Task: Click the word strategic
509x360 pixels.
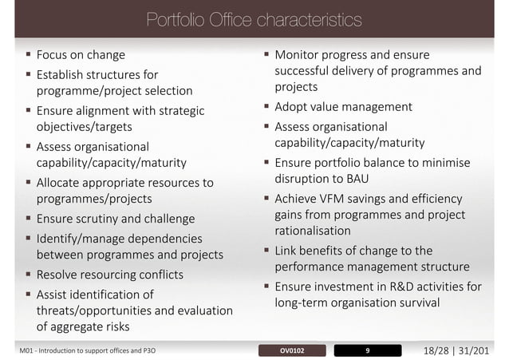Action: click(x=179, y=111)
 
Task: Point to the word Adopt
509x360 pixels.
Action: click(x=293, y=106)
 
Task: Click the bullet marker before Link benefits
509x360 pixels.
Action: click(x=267, y=251)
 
